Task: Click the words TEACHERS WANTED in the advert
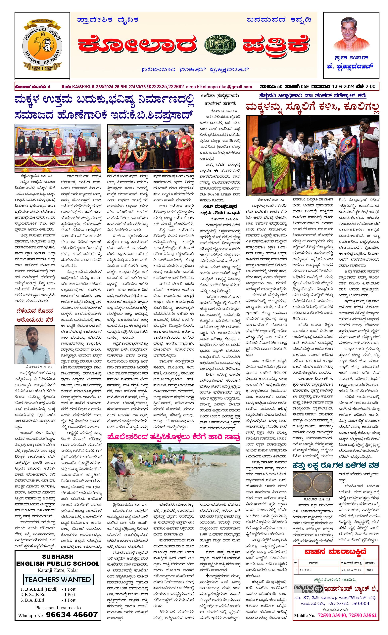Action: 58,579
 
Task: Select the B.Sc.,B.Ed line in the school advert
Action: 33,594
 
